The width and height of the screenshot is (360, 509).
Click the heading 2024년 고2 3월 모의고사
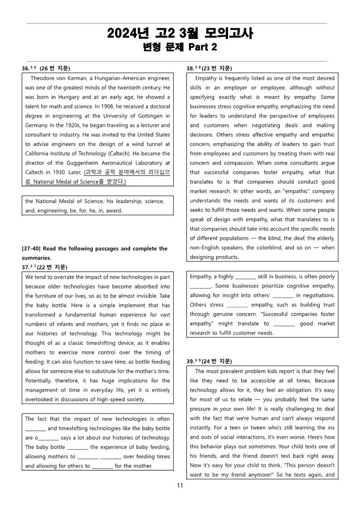[180, 33]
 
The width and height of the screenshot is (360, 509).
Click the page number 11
[180, 485]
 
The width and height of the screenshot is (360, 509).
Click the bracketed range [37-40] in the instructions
[35, 249]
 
